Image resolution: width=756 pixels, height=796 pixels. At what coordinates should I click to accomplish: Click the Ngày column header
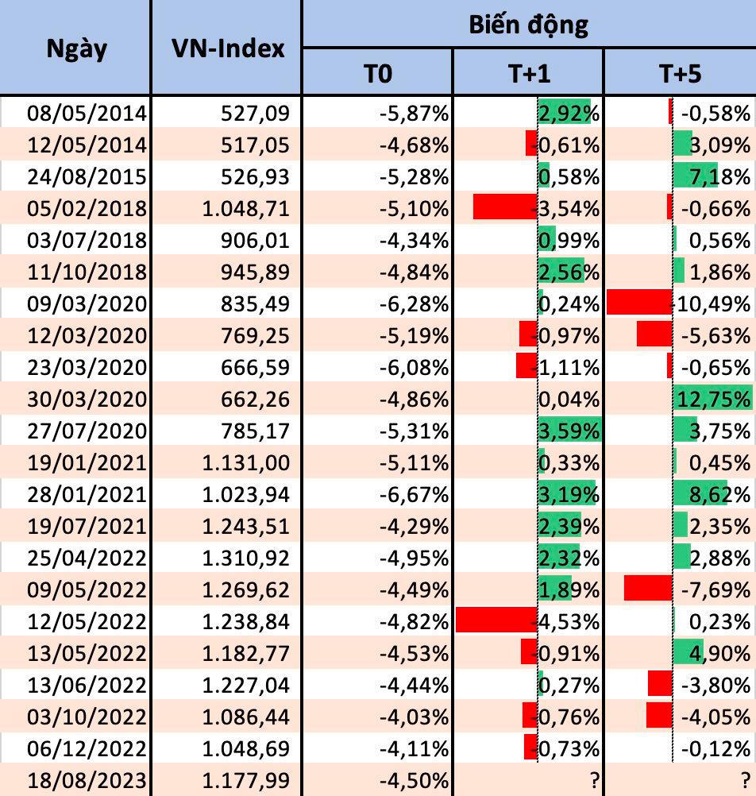[x=76, y=48]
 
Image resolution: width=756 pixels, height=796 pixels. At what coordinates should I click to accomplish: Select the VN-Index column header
[x=227, y=48]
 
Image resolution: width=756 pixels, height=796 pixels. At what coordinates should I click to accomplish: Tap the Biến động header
[x=528, y=24]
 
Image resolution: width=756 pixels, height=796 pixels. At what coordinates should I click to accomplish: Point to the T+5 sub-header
[x=680, y=74]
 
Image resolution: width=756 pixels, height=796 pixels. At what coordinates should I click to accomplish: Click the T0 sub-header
[x=377, y=74]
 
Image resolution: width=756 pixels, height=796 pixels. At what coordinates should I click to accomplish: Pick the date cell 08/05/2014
[x=87, y=113]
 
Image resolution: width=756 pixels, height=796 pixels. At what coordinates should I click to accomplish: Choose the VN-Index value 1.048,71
[x=245, y=208]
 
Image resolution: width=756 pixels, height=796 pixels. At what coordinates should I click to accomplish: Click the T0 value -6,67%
[x=414, y=494]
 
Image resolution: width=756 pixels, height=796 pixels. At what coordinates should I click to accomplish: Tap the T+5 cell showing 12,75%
[x=712, y=399]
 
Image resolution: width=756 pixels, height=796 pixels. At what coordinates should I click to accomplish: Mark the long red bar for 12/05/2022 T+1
[x=497, y=620]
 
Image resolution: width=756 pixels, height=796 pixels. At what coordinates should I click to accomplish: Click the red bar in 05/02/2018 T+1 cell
[x=505, y=207]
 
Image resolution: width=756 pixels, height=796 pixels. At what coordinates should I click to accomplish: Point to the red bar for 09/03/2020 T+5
[x=639, y=303]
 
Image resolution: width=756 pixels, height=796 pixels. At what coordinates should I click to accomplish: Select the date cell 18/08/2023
[x=87, y=780]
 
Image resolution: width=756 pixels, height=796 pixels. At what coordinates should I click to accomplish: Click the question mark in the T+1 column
[x=593, y=780]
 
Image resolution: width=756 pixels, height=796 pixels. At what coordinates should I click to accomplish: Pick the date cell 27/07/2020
[x=87, y=431]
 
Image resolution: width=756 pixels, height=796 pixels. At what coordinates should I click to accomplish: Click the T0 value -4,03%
[x=414, y=717]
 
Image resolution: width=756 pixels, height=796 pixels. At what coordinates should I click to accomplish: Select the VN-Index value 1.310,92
[x=245, y=558]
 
